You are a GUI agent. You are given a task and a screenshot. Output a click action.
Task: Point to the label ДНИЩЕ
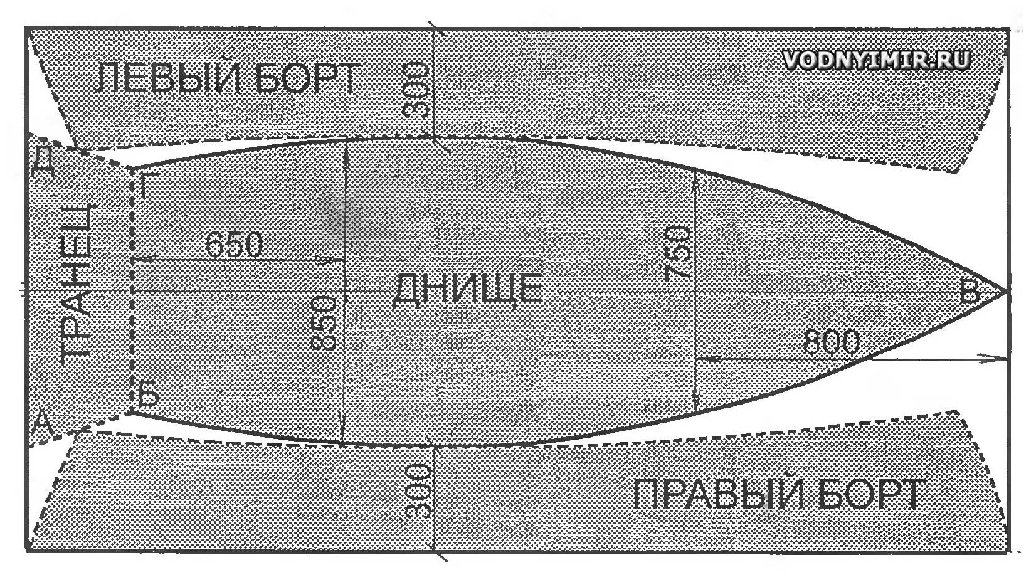tap(467, 290)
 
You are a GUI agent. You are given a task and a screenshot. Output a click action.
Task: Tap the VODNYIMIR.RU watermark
tap(877, 60)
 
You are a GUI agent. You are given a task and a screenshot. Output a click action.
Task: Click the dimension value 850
tap(322, 323)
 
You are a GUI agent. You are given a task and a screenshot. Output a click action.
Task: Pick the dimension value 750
tap(677, 253)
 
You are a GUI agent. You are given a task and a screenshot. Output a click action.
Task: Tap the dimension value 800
tap(831, 342)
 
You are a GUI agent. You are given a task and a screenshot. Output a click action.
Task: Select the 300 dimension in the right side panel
tap(416, 491)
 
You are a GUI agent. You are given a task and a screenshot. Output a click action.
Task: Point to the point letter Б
tap(149, 394)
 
